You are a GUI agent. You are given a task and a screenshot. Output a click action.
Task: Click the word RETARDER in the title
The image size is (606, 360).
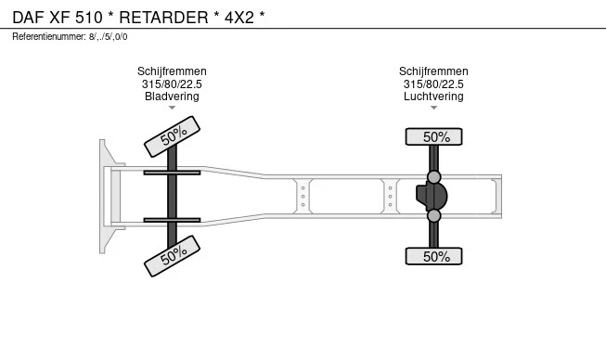(163, 18)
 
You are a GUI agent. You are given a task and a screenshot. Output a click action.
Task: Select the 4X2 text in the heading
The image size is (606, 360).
(239, 18)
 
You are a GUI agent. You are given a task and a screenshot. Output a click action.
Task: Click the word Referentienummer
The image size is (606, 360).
(49, 37)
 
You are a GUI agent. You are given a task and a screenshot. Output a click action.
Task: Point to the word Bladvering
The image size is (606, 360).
(172, 96)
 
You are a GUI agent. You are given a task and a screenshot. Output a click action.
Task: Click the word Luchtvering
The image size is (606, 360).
(433, 96)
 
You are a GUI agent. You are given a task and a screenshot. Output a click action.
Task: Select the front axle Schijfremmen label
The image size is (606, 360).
(172, 71)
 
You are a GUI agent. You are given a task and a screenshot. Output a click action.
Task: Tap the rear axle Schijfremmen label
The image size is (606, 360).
(433, 71)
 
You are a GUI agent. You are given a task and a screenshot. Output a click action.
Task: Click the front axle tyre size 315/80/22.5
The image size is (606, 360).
(172, 84)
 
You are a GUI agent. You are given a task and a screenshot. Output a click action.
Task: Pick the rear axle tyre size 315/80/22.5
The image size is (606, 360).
(433, 84)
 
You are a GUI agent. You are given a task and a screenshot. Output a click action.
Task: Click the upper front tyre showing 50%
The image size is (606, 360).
(172, 136)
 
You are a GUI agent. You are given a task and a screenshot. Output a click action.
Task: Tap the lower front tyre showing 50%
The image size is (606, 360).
(172, 256)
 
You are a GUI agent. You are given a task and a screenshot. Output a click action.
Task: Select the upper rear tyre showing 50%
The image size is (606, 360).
(433, 136)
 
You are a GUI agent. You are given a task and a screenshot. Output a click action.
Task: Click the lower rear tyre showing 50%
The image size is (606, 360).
(433, 256)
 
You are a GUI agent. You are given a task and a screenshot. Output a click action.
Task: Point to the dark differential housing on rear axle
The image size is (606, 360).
(431, 196)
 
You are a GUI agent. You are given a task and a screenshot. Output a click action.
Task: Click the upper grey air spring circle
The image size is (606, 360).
(434, 177)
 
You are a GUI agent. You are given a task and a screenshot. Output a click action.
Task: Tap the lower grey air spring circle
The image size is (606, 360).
(434, 215)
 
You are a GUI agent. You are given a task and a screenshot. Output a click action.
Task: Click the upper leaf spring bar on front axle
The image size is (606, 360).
(172, 173)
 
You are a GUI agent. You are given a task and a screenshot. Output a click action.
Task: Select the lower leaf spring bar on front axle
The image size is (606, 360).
(172, 220)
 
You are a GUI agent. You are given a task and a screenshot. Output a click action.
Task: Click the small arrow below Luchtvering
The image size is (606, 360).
(433, 108)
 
